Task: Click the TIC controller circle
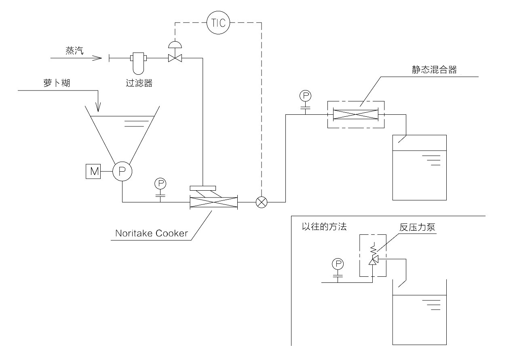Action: (218, 23)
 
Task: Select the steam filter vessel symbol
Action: (137, 63)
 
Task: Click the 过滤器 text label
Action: (139, 83)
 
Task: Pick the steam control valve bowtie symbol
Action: (175, 58)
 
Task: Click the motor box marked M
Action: (94, 171)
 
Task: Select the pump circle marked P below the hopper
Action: (122, 171)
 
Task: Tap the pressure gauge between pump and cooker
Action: (160, 184)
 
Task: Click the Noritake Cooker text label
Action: (152, 234)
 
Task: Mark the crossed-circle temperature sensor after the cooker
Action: (262, 202)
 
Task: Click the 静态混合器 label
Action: (432, 70)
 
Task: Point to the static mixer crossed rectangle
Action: (355, 114)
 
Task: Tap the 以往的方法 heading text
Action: (324, 227)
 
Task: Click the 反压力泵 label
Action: (417, 227)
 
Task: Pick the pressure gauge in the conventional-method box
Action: (338, 264)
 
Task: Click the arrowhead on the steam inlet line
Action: (97, 58)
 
